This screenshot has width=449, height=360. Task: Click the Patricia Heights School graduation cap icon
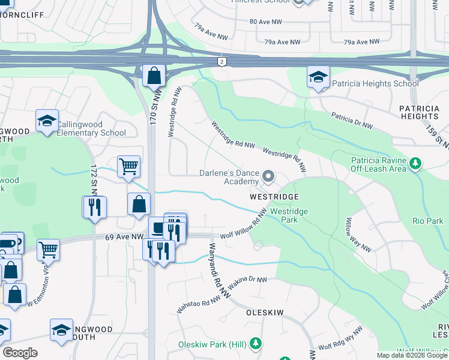[x=318, y=77]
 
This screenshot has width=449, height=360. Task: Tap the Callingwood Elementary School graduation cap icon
[x=46, y=121]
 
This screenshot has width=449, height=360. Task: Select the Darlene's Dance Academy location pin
[x=268, y=177]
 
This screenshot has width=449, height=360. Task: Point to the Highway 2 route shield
[x=222, y=61]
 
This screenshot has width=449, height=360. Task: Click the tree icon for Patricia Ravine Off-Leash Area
[x=415, y=163]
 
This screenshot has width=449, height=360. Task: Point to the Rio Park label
[x=427, y=221]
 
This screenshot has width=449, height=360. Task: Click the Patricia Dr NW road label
[x=352, y=119]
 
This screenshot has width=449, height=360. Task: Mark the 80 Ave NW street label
[x=265, y=22]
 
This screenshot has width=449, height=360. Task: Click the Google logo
[x=20, y=353]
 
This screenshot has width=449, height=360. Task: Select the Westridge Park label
[x=289, y=215]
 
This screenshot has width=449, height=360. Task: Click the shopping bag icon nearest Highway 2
[x=154, y=76]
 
